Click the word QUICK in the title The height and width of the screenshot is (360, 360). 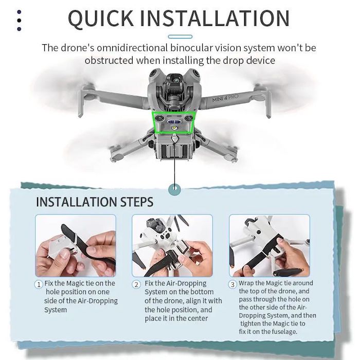(101, 18)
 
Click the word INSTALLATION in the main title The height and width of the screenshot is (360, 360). (214, 18)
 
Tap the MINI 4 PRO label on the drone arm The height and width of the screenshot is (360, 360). (225, 98)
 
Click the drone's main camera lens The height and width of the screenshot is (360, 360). (176, 80)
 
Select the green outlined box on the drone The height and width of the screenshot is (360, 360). (174, 122)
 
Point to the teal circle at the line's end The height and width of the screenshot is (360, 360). (174, 189)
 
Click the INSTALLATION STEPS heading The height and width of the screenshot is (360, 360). (95, 202)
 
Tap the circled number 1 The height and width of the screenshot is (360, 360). (39, 284)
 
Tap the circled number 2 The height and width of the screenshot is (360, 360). (136, 284)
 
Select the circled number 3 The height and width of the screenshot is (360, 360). (232, 284)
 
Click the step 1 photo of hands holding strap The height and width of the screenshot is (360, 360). (76, 245)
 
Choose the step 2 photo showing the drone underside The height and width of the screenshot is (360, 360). (172, 245)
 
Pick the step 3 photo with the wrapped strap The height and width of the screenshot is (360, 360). (269, 245)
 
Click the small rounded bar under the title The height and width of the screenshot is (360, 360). (180, 37)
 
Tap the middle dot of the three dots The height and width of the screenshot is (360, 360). (19, 21)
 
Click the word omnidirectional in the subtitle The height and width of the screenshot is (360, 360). (132, 48)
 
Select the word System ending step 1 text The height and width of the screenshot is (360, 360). (56, 310)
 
